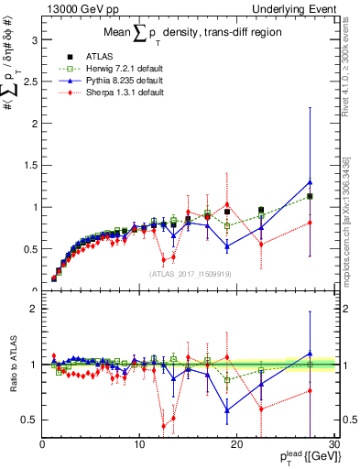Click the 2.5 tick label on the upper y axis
(x=29, y=82)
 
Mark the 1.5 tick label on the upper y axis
(x=29, y=165)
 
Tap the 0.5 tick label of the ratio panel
(x=29, y=420)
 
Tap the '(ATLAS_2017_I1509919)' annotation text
(x=188, y=273)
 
